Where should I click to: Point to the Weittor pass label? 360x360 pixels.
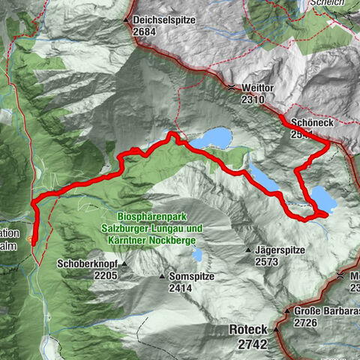point(258,87)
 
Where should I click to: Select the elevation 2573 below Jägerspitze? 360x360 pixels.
point(267,262)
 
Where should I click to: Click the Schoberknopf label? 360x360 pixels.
point(87,264)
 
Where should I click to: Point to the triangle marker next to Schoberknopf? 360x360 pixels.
point(125,264)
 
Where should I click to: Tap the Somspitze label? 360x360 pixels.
point(192,276)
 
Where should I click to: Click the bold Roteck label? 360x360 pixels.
point(249,329)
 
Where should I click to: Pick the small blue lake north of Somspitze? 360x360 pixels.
point(196,255)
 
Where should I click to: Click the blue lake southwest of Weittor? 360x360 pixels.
point(211,138)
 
